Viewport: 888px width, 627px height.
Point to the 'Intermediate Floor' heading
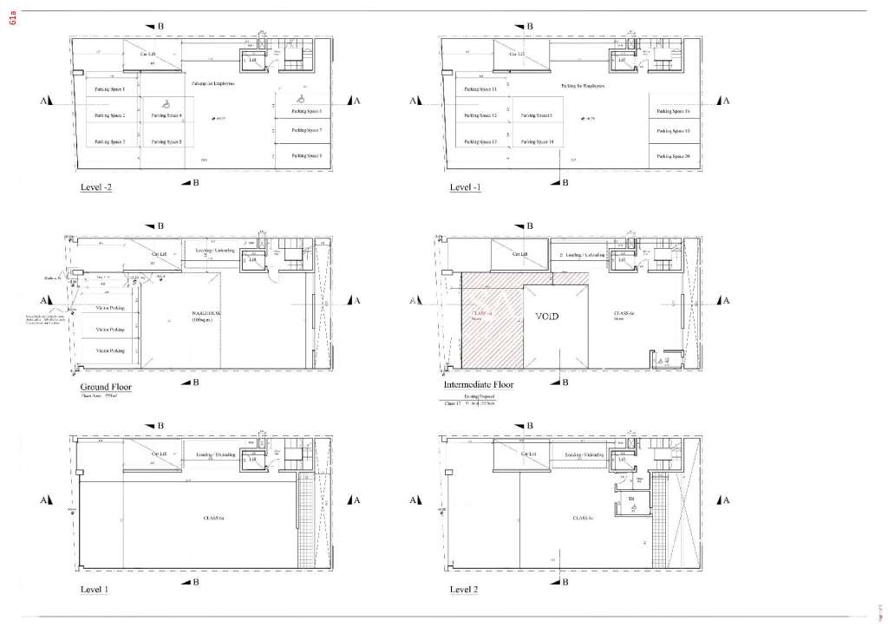pos(478,384)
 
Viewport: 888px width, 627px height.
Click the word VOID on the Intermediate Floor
pos(547,317)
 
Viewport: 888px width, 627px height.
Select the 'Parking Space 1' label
pos(110,89)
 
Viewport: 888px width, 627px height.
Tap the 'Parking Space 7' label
pos(307,130)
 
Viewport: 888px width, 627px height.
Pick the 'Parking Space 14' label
pos(538,141)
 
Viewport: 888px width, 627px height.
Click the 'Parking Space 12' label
pos(480,114)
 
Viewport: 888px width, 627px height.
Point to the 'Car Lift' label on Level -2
pos(148,54)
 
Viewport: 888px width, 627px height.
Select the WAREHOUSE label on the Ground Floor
pos(207,315)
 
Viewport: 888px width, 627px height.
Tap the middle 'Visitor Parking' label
pos(110,330)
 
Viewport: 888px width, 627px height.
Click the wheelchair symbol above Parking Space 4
pos(164,102)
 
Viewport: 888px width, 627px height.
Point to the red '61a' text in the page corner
pos(11,19)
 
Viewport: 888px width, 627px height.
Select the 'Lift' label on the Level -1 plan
pos(622,61)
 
